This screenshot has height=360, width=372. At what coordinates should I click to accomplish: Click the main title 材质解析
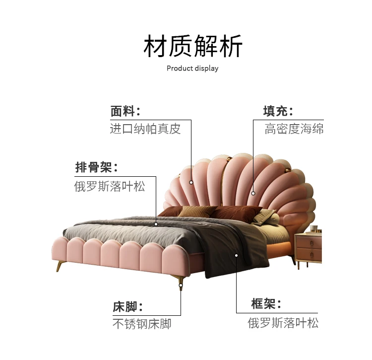point(193,47)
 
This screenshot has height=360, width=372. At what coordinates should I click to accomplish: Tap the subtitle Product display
point(192,68)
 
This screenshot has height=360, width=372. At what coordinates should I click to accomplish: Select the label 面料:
point(125,111)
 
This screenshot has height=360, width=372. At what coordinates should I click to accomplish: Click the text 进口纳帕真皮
point(145,129)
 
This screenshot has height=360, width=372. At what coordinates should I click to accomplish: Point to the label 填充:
point(278,111)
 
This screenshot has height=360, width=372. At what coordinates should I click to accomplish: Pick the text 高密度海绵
point(294,129)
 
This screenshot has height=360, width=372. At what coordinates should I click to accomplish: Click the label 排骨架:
point(97,167)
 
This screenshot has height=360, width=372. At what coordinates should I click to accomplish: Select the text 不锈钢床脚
point(142,324)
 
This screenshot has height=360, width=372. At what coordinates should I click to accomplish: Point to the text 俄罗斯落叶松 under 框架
point(283,323)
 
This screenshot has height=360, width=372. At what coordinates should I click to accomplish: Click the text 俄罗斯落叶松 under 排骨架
point(110,186)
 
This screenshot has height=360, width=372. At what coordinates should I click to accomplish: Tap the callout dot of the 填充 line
point(253,193)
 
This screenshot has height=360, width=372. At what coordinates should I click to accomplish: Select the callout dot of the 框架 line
point(237,255)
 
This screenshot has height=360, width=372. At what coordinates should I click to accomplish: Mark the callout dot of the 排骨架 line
point(156,224)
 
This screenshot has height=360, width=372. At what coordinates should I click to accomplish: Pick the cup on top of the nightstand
point(314,228)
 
